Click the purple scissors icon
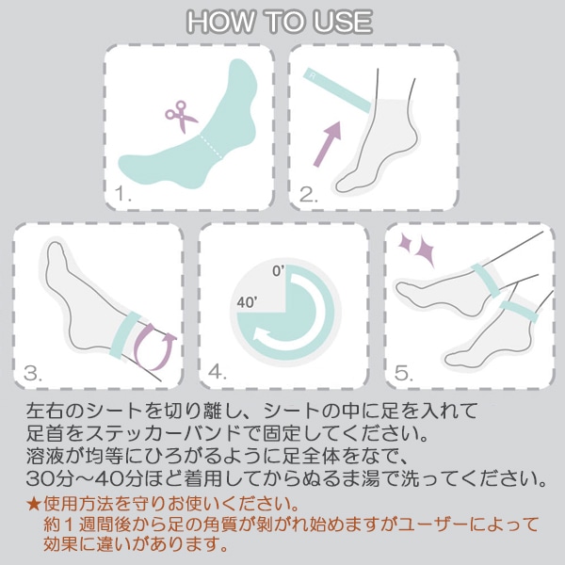click(181, 116)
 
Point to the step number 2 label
click(309, 195)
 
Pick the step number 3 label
click(33, 373)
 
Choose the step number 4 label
click(218, 371)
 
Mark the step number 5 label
click(404, 373)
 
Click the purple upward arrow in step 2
click(327, 144)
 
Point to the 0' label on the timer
click(278, 271)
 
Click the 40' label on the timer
click(247, 302)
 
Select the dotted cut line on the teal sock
click(211, 146)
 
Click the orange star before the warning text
click(34, 504)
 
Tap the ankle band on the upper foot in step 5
click(485, 281)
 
